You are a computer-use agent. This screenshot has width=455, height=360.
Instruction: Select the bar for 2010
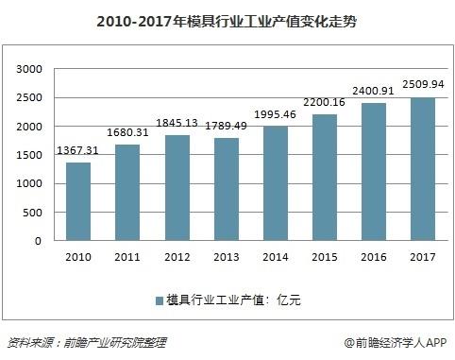pyautogui.click(x=78, y=201)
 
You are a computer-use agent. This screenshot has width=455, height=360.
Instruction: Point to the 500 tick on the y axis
pyautogui.click(x=34, y=212)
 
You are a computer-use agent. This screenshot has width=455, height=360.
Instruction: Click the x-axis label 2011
pyautogui.click(x=129, y=256)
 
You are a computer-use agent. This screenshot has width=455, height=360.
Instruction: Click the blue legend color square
pyautogui.click(x=159, y=300)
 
